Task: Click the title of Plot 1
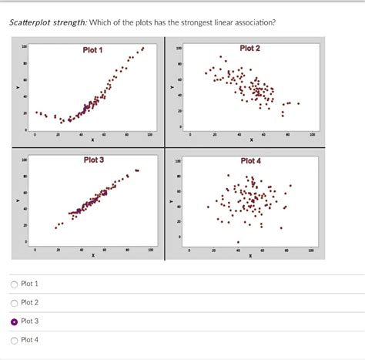click(93, 50)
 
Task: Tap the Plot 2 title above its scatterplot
click(250, 49)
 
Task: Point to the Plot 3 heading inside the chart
click(94, 160)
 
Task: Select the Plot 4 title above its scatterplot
click(250, 160)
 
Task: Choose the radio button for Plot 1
click(14, 284)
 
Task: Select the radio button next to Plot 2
click(14, 303)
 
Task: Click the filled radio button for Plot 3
click(14, 321)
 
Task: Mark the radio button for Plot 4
click(14, 340)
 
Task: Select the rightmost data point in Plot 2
click(299, 103)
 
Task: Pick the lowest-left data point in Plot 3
click(55, 228)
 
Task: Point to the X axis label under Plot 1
click(92, 140)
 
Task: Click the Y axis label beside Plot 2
click(172, 87)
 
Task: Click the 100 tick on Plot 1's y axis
click(25, 47)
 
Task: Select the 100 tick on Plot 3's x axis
click(150, 250)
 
